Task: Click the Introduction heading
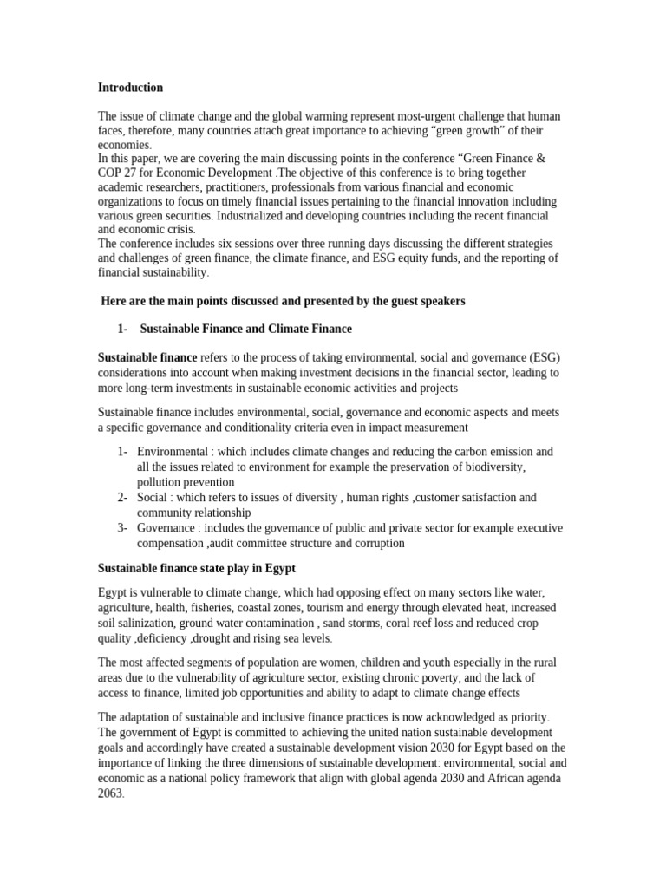[130, 88]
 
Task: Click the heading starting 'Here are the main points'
[284, 301]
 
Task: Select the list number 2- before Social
[122, 498]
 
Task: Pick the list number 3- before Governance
[122, 528]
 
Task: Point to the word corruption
[375, 543]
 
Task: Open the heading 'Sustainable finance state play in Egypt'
[197, 568]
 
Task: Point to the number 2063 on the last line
[112, 793]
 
